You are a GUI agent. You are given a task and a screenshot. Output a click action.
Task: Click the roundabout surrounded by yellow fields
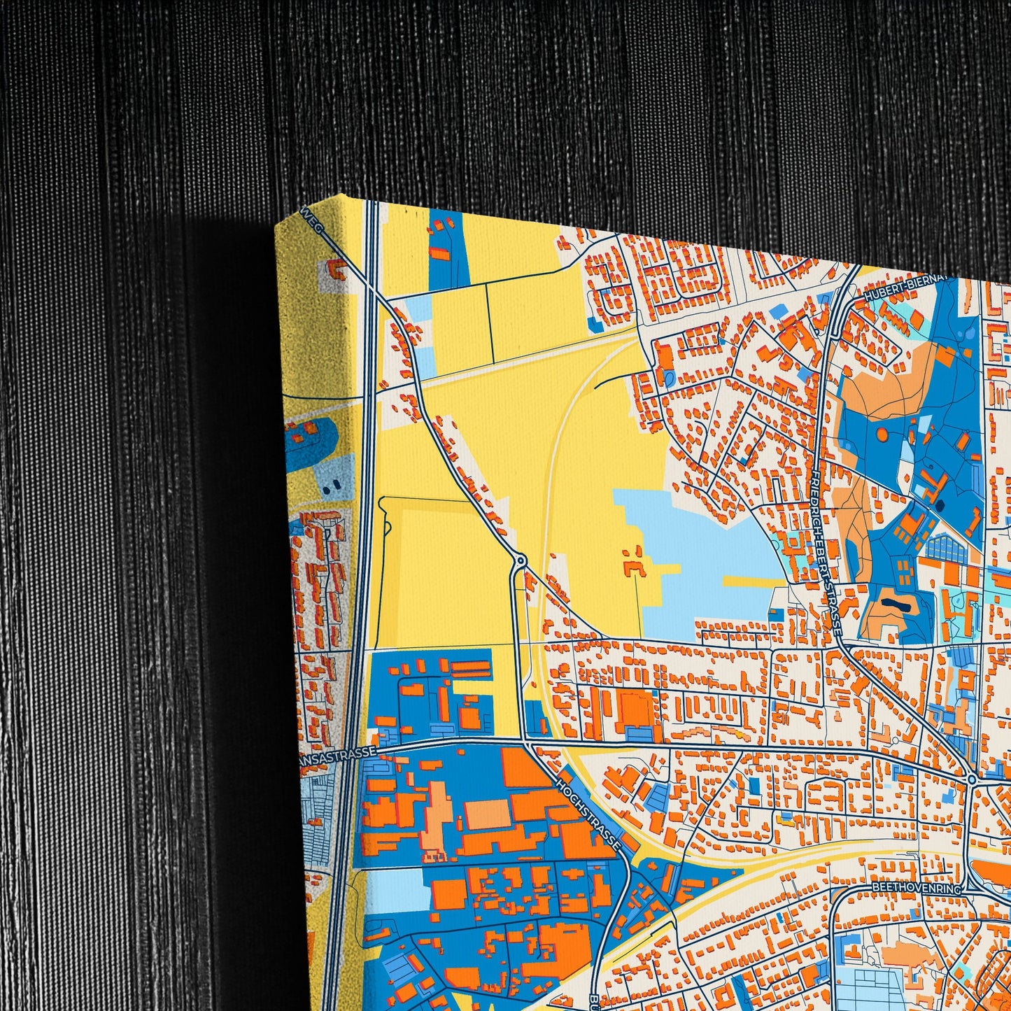click(x=520, y=560)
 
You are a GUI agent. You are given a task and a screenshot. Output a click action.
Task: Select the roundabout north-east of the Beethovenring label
click(x=971, y=779)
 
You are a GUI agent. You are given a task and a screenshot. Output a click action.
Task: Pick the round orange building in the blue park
click(x=882, y=434)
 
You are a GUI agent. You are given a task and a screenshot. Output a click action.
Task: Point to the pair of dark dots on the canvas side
click(x=335, y=483)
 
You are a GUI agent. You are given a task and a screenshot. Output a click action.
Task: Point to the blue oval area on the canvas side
click(x=309, y=437)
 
